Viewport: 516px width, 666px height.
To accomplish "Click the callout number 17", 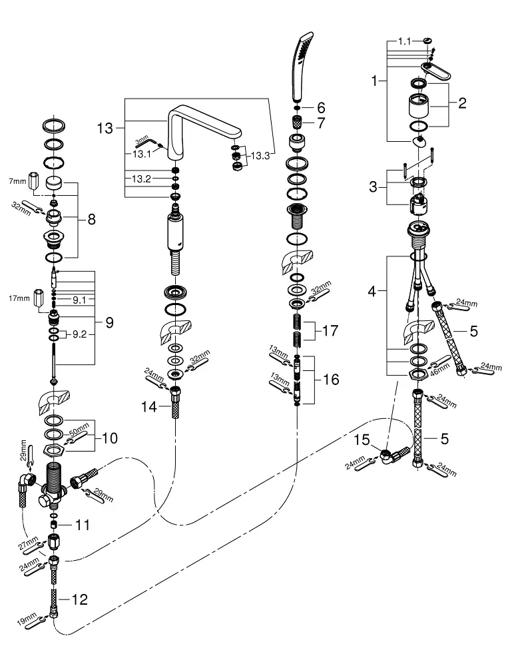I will pos(331,330).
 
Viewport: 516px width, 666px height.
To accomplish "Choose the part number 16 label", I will pos(331,380).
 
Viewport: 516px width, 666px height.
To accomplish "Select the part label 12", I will pos(79,599).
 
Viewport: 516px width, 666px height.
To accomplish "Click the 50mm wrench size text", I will pos(79,427).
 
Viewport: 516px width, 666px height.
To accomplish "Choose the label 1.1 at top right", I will pos(405,41).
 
